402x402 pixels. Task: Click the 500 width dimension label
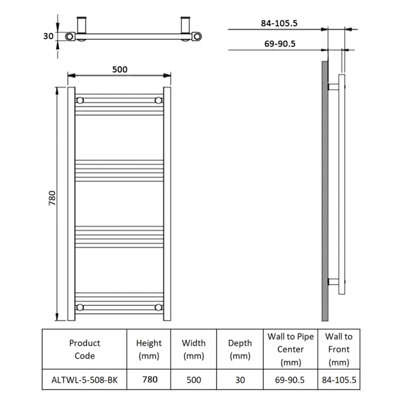120,69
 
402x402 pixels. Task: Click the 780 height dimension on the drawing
53,198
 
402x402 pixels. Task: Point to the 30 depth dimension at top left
48,36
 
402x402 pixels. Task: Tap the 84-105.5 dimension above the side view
280,24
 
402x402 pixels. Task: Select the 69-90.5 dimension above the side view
280,43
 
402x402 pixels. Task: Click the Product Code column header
84,349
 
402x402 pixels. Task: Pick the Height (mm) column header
149,349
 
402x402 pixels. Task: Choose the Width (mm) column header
194,349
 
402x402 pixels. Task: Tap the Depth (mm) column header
239,349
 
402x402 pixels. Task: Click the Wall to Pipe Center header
290,349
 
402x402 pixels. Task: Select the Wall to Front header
340,349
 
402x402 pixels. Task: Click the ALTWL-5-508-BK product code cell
84,380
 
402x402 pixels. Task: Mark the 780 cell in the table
149,380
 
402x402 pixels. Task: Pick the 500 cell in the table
194,380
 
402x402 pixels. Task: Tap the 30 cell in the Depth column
239,380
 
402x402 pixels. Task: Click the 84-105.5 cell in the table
340,380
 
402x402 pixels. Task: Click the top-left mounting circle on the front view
80,100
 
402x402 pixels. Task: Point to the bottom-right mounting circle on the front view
159,307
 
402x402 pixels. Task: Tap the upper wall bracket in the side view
333,87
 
